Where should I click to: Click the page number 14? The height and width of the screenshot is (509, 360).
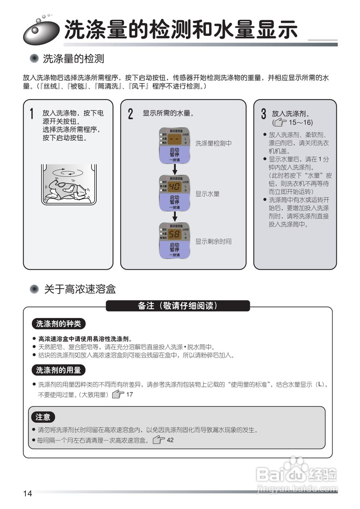(27, 494)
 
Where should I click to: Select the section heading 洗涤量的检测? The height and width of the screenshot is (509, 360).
(73, 59)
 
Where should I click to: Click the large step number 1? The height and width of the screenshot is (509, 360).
(32, 114)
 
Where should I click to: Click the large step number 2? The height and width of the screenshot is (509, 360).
(130, 114)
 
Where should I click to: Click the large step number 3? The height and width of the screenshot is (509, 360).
(263, 114)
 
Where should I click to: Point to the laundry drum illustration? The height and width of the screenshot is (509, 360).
(69, 185)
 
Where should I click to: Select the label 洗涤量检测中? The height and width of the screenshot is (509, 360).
(213, 143)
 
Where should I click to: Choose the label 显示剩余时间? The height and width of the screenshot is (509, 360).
(213, 241)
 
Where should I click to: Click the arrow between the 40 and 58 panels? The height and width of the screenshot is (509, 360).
(174, 216)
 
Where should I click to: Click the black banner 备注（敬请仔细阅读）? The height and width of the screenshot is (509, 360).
(178, 306)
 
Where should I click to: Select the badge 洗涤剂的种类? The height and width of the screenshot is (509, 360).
(58, 324)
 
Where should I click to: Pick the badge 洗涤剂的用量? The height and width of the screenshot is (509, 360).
(58, 370)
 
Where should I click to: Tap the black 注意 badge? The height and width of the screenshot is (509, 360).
(43, 417)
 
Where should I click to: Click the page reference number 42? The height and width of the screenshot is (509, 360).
(170, 440)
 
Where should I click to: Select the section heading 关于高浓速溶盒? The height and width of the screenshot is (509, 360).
(80, 289)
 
